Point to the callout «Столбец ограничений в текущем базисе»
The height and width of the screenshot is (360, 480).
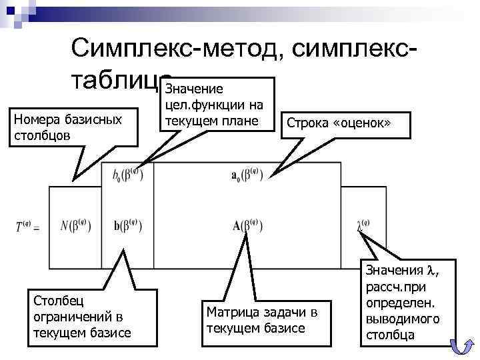[81, 313]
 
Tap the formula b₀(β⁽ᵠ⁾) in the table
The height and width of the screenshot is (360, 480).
[128, 175]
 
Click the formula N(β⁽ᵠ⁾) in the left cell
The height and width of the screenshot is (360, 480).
[75, 225]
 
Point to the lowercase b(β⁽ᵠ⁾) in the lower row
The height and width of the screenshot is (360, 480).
[128, 225]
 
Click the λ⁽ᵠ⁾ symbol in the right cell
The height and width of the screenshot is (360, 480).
[363, 225]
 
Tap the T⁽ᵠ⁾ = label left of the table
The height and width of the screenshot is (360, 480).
[27, 227]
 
